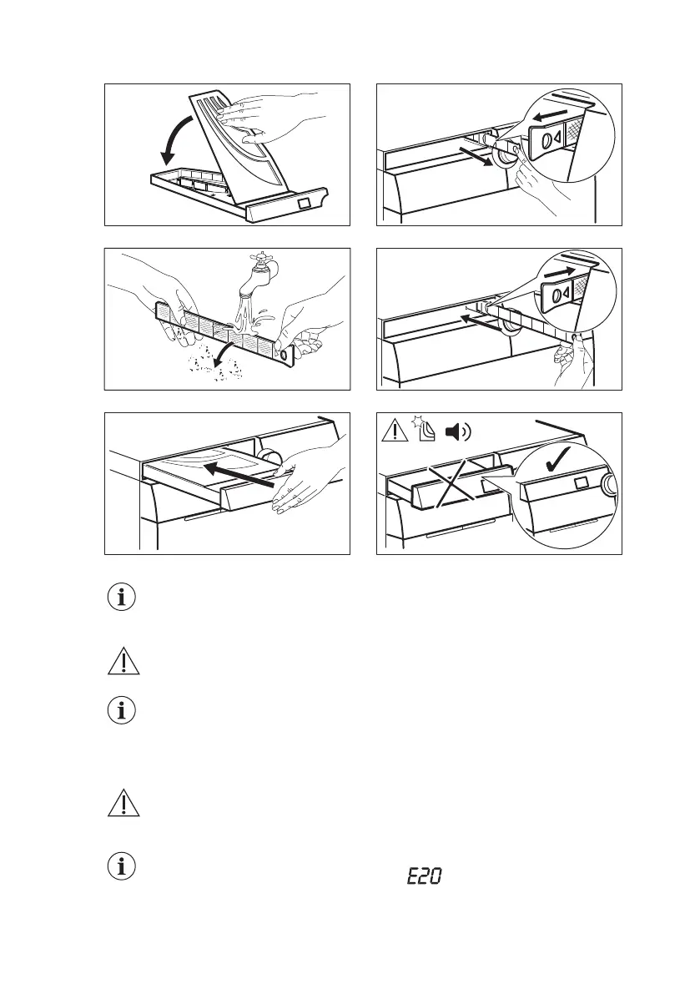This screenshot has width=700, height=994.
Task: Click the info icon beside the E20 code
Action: coord(122,866)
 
